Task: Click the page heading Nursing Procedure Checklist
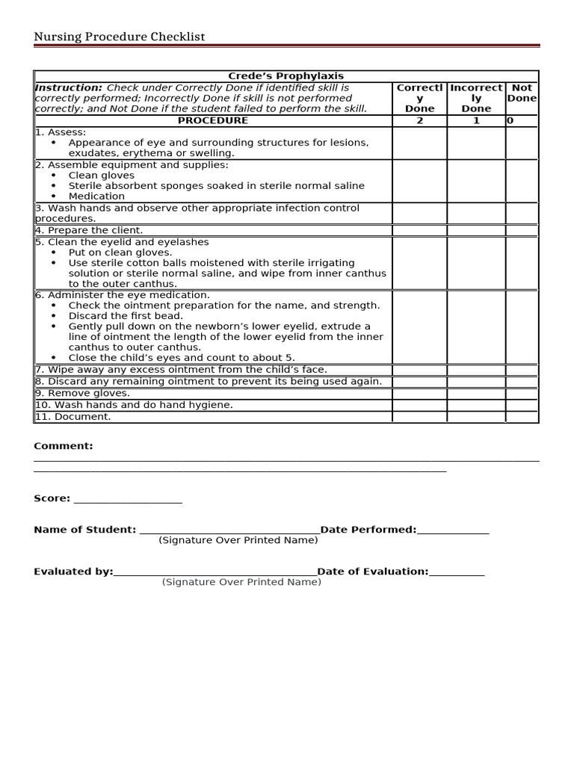(120, 37)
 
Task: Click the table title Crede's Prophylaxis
(286, 76)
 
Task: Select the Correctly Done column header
(419, 98)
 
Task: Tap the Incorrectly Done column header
(476, 98)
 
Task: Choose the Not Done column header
(522, 93)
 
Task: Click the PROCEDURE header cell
(212, 120)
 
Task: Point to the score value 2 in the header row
(419, 120)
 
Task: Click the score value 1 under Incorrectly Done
(476, 120)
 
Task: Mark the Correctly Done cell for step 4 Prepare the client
(419, 231)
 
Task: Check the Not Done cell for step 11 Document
(522, 417)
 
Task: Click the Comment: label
(64, 446)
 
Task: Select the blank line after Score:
(128, 501)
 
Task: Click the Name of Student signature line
(228, 532)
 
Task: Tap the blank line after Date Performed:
(453, 532)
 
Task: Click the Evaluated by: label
(73, 572)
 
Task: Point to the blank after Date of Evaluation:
(457, 574)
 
